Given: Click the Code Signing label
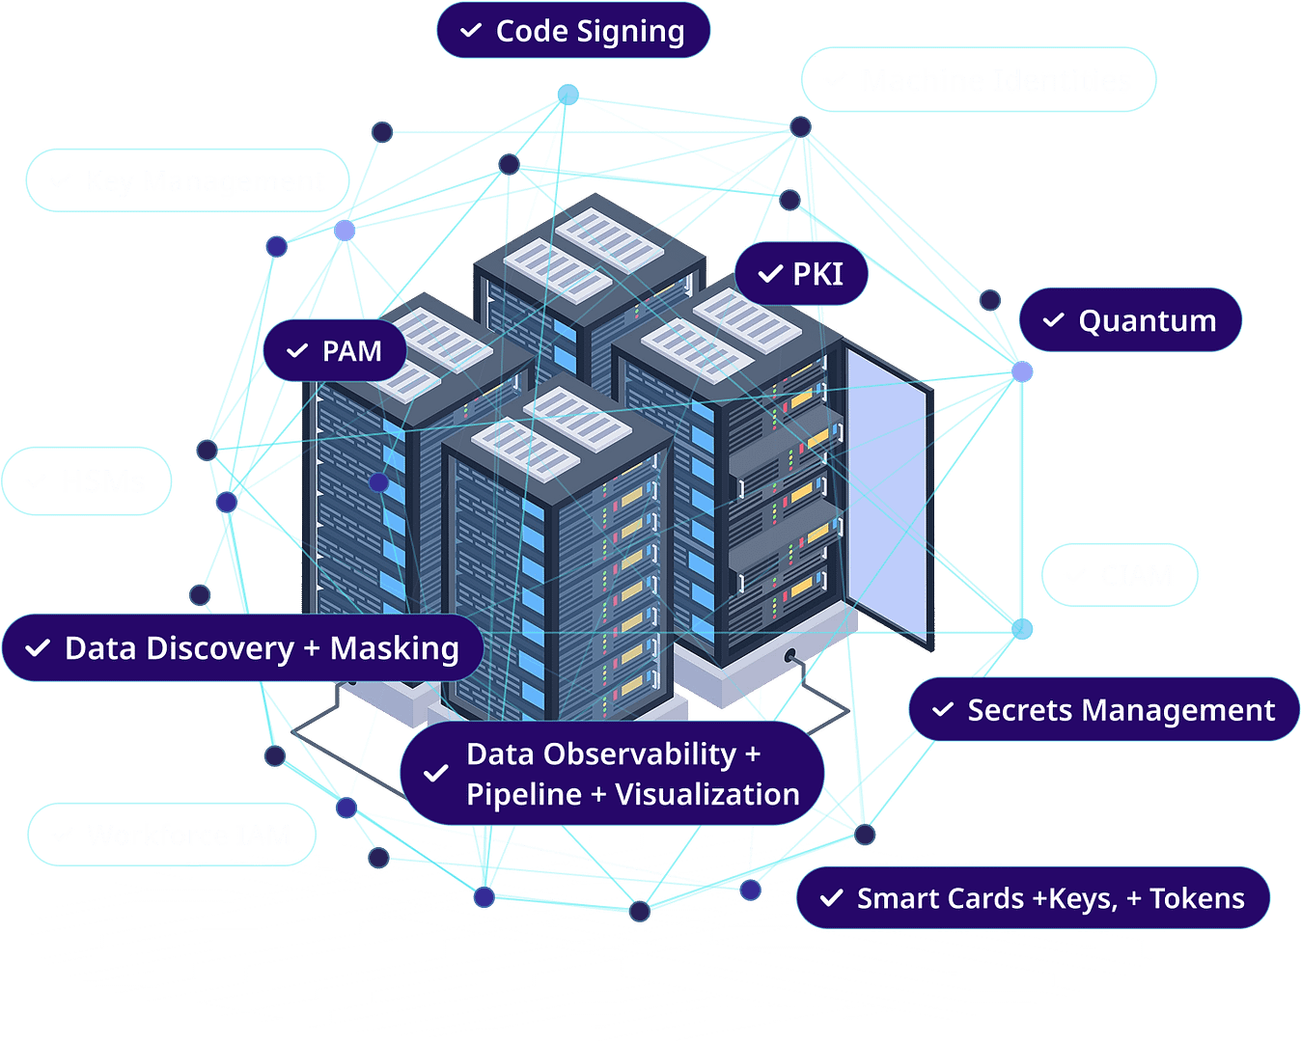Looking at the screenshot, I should click(x=573, y=31).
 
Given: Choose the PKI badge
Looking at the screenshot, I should click(x=802, y=274).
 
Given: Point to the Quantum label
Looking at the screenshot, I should click(x=1130, y=320).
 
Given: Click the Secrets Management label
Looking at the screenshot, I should click(x=1103, y=710).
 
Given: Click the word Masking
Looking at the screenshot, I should click(x=394, y=648).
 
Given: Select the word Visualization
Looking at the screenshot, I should click(x=707, y=795).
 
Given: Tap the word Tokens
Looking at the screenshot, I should click(x=1197, y=898).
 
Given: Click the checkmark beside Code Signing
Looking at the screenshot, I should click(x=471, y=31).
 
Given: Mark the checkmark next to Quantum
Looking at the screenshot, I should click(x=1054, y=320).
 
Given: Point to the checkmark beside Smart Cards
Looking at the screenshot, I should click(x=831, y=898).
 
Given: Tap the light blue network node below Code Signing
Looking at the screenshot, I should click(x=567, y=95).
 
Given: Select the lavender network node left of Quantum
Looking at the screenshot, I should click(x=1023, y=370).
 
